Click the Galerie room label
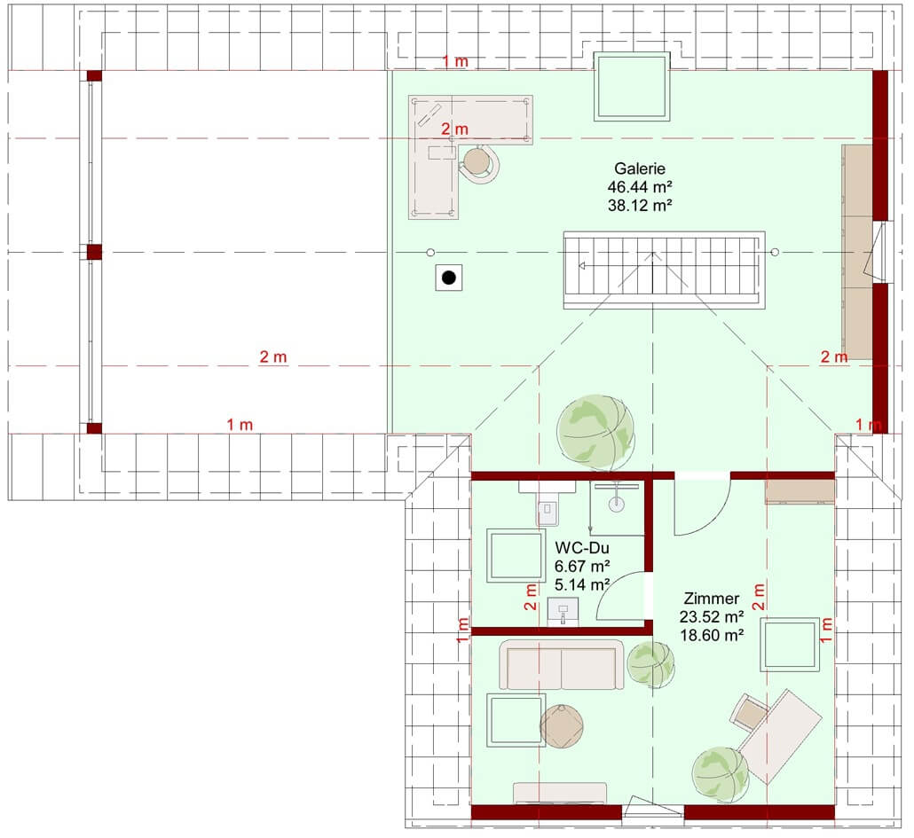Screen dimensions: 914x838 tap(640, 168)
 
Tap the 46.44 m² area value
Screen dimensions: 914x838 tap(640, 187)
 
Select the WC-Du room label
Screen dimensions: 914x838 tap(582, 547)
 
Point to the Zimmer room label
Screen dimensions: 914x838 tap(711, 598)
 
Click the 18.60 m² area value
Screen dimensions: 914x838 tap(711, 635)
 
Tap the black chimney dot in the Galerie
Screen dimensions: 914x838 tap(449, 278)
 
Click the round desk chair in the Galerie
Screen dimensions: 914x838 tap(479, 164)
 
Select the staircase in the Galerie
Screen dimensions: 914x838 tap(664, 270)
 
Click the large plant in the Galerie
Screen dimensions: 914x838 tap(595, 433)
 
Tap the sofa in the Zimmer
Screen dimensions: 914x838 tap(562, 664)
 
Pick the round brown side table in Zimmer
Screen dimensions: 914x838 tap(562, 726)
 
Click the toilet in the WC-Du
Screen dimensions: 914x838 tap(547, 505)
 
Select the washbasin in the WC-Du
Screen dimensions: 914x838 tap(563, 612)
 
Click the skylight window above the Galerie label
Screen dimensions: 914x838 tap(632, 87)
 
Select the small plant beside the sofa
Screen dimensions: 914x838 tap(650, 664)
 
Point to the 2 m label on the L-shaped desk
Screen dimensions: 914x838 tap(454, 129)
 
